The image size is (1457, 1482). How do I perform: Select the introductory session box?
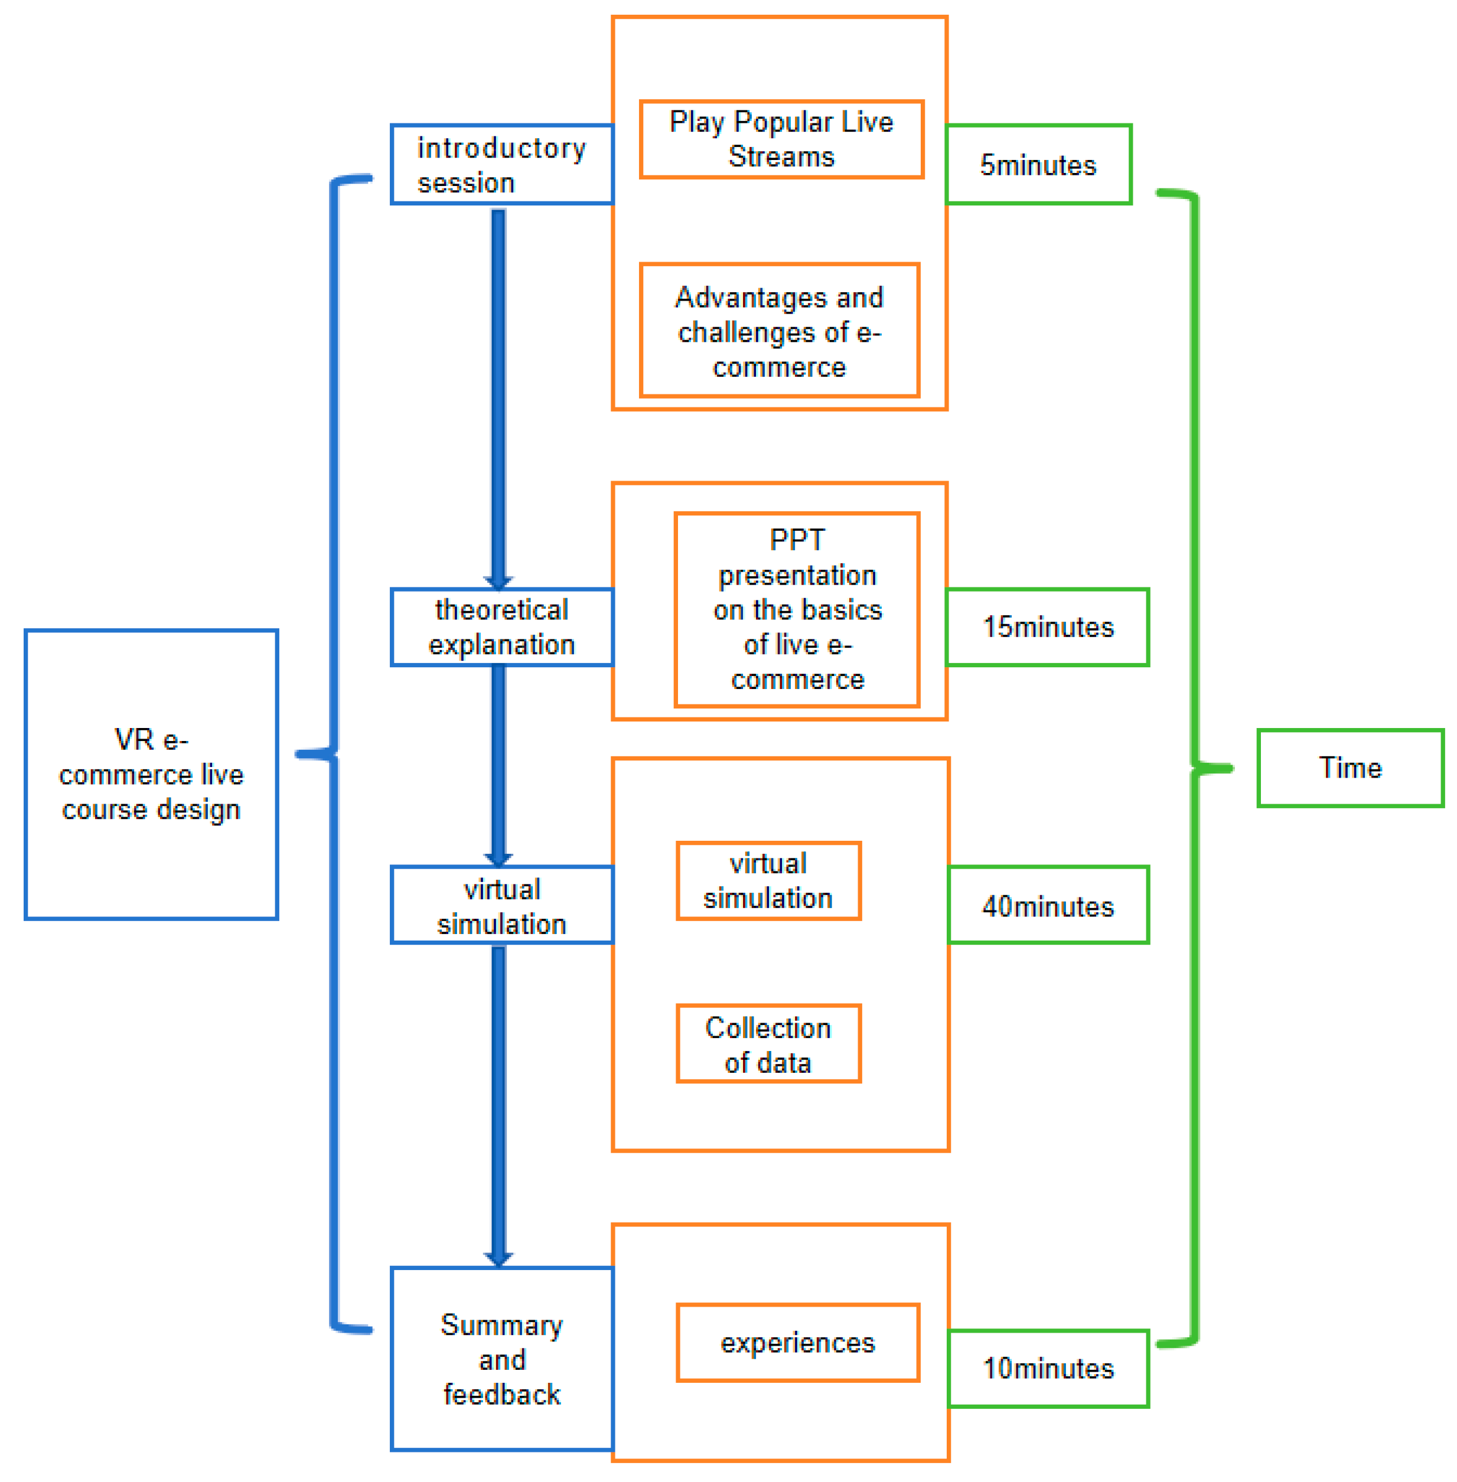tap(501, 165)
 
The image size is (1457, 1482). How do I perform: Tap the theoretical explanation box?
tap(501, 626)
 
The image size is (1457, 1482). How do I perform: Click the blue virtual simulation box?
tap(501, 905)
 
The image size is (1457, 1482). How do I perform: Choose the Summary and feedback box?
tap(501, 1358)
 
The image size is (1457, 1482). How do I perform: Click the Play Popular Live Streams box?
tap(781, 139)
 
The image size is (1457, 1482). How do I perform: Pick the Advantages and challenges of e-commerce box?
tap(779, 331)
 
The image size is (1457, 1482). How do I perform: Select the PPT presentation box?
tap(797, 609)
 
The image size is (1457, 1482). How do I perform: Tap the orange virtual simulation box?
tap(768, 880)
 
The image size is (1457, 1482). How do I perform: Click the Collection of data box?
tap(768, 1043)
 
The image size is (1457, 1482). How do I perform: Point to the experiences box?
tap(797, 1342)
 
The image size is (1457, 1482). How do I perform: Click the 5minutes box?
tap(1038, 165)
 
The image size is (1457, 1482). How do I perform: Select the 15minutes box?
tap(1047, 626)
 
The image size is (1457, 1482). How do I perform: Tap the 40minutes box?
tap(1048, 905)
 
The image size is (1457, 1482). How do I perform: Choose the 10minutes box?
tap(1048, 1368)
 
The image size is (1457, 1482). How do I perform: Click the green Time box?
tap(1350, 768)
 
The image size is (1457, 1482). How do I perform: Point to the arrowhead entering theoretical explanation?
tap(498, 582)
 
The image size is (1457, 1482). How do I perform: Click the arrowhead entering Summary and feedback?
tap(498, 1259)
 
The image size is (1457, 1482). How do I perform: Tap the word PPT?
tap(797, 540)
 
